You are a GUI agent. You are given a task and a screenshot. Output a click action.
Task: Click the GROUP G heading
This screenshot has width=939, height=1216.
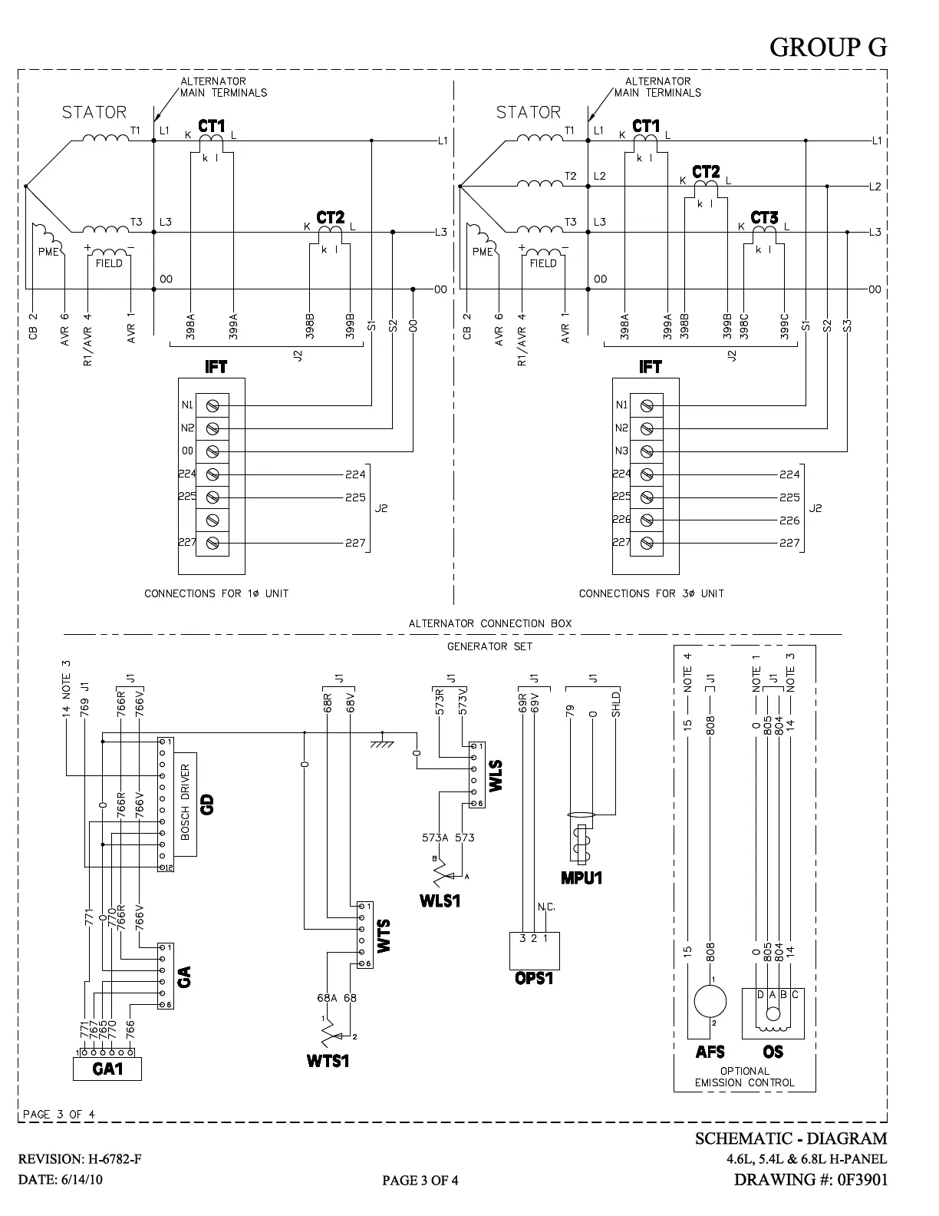tap(828, 48)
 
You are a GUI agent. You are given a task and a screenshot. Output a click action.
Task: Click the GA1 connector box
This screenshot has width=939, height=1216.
tap(107, 1068)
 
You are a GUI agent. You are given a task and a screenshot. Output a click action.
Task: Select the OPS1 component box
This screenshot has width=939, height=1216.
tap(534, 950)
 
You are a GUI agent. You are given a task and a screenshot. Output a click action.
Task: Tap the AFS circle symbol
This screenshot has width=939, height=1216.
tap(710, 1001)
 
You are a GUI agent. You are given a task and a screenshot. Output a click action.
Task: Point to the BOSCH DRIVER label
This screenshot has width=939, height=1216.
tap(185, 802)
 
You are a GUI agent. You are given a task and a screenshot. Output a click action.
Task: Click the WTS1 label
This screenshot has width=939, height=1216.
tap(328, 1061)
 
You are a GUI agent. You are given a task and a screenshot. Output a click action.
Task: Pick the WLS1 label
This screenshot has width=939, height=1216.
tap(440, 900)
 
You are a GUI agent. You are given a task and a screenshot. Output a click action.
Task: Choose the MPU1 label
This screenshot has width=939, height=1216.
tap(581, 877)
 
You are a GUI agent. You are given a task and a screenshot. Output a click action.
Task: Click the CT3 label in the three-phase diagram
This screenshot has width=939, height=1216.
tap(764, 218)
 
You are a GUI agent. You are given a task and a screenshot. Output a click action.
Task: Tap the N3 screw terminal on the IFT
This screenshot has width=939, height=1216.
tap(647, 451)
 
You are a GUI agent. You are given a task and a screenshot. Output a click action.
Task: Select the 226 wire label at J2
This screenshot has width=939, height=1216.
tap(789, 520)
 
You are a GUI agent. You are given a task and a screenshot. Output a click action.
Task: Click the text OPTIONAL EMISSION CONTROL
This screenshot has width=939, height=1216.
tap(744, 1077)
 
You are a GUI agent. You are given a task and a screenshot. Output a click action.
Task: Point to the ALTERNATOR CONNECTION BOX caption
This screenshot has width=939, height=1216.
tap(490, 623)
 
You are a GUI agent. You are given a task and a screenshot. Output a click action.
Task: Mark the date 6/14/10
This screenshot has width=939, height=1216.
tap(81, 1180)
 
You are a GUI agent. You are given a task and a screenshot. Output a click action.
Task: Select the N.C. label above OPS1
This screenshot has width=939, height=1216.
tap(546, 907)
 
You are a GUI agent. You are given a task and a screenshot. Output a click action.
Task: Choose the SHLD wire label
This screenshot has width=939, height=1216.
tap(615, 705)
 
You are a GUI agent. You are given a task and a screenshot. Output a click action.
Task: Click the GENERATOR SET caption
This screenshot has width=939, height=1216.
tap(489, 646)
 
